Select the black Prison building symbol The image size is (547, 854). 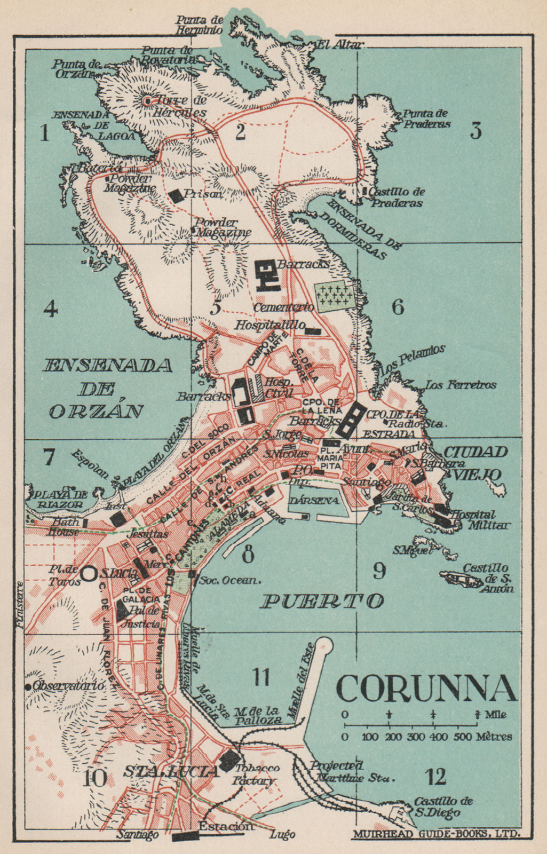176,195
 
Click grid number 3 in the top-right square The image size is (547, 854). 475,131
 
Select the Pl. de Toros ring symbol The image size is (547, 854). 89,573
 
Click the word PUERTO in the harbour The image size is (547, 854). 322,602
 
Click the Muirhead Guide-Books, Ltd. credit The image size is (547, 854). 435,833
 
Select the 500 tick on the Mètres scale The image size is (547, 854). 476,725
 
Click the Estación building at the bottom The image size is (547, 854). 186,836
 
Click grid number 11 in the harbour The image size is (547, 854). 261,677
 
